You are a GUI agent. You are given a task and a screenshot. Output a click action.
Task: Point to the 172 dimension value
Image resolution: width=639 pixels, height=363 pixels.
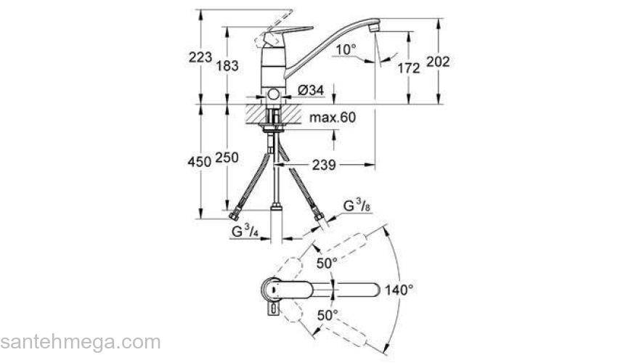(410, 68)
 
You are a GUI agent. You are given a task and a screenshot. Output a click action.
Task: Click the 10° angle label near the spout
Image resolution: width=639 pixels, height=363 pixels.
(346, 49)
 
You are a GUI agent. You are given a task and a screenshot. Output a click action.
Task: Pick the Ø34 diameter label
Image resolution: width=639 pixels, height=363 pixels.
(311, 90)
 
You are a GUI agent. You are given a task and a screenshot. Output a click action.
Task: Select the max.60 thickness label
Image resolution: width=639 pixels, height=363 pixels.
(332, 118)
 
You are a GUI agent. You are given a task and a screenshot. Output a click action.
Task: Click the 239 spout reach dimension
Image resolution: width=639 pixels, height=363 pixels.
(324, 166)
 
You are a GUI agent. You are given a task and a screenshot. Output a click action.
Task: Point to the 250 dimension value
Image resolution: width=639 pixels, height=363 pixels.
(228, 161)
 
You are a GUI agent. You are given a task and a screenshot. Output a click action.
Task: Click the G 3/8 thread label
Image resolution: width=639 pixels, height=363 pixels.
(357, 207)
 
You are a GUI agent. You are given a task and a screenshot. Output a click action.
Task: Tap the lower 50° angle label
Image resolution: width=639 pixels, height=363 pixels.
(327, 316)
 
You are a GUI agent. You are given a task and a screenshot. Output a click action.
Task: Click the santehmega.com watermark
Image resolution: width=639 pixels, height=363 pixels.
(80, 342)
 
